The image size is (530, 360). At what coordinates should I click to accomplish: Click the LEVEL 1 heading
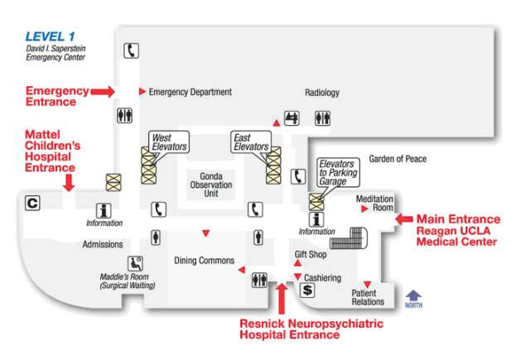(x=50, y=36)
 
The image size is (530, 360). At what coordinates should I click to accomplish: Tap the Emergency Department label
(x=190, y=92)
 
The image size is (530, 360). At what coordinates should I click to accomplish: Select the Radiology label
(x=322, y=93)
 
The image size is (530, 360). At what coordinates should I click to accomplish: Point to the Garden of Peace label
(x=397, y=159)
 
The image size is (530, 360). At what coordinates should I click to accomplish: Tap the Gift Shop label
(x=311, y=254)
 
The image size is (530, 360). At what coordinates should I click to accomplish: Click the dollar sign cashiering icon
(x=307, y=290)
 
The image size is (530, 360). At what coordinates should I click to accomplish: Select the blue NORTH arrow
(x=413, y=295)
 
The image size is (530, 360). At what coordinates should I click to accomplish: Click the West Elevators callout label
(x=169, y=142)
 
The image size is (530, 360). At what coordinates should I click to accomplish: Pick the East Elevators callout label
(x=250, y=142)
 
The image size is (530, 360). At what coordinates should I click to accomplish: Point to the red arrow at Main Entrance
(x=404, y=218)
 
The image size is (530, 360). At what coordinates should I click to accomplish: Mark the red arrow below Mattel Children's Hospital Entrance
(x=68, y=180)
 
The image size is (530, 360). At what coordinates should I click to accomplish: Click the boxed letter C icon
(x=32, y=202)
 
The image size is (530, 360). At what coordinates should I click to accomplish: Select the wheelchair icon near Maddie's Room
(x=135, y=264)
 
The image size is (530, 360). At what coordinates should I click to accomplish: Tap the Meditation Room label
(x=374, y=204)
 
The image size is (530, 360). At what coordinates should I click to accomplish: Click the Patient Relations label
(x=369, y=298)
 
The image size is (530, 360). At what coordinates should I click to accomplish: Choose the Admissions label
(x=103, y=244)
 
